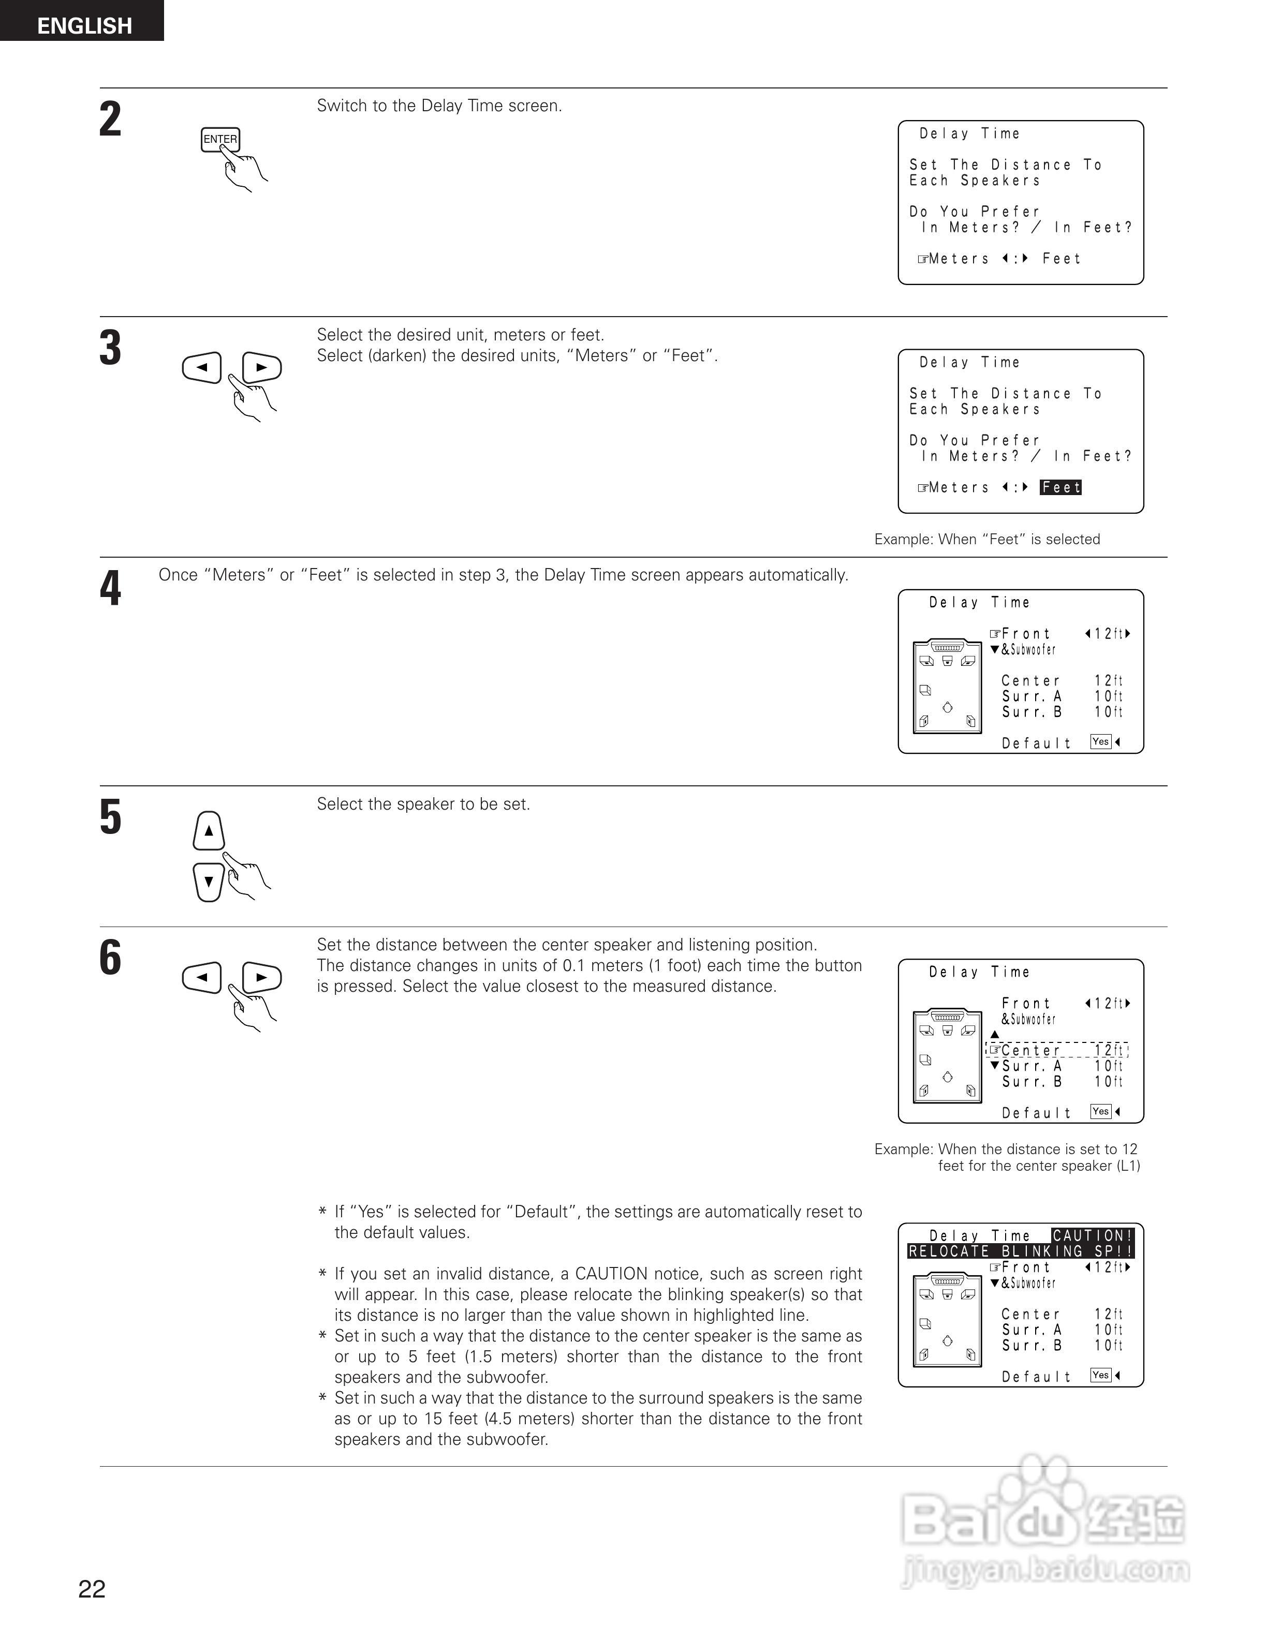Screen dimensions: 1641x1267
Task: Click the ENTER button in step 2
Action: [219, 140]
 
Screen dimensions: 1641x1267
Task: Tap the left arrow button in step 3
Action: [201, 367]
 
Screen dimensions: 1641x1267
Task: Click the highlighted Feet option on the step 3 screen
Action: [1060, 488]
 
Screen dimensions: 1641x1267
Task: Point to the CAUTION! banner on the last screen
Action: [1092, 1235]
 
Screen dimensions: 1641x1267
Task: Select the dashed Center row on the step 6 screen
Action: [1056, 1050]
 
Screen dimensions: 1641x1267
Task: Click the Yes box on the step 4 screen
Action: [1100, 742]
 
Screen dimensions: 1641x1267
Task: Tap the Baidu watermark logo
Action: [1044, 1525]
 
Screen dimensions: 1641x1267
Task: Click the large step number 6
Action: [110, 958]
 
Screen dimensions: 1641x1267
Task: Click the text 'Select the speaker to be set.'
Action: [423, 804]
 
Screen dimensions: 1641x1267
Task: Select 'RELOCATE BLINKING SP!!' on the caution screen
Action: [1020, 1251]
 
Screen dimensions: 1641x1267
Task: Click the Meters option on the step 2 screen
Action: [958, 259]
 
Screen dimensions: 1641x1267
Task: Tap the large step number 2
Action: [110, 120]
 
